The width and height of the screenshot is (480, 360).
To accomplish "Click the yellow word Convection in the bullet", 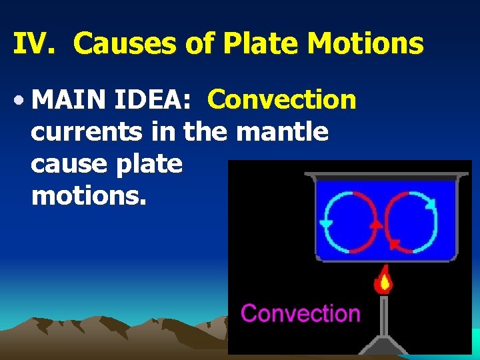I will (x=282, y=100).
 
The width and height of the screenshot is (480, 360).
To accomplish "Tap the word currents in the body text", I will (x=86, y=132).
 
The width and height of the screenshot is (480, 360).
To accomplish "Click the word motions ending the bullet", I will (x=88, y=196).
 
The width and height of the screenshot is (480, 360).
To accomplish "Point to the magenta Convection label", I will (x=301, y=313).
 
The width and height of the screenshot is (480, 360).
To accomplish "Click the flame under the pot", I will (x=383, y=281).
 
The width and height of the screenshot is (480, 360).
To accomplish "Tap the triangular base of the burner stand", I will (x=383, y=344).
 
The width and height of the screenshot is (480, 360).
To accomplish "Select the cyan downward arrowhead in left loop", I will (x=327, y=224).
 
